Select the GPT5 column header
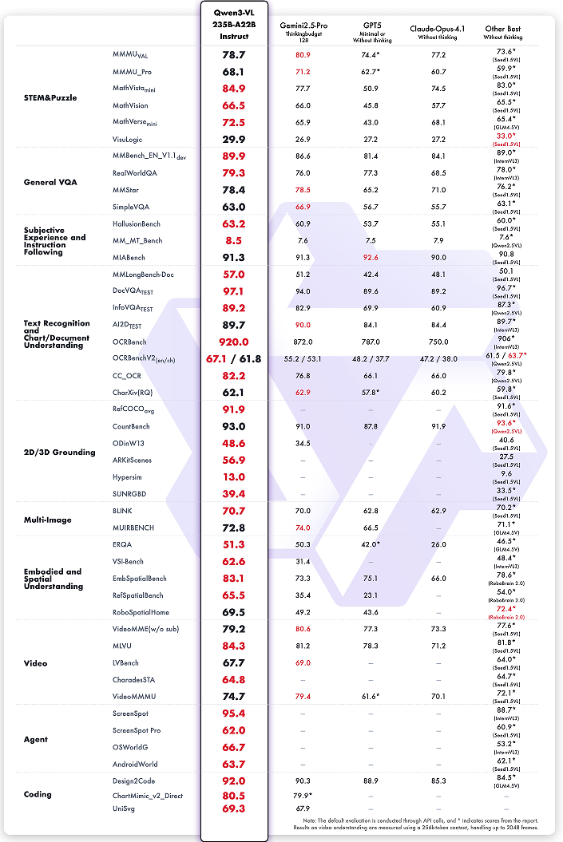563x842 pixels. pyautogui.click(x=369, y=25)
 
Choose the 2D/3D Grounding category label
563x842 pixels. pyautogui.click(x=59, y=453)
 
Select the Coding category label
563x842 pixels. pyautogui.click(x=38, y=794)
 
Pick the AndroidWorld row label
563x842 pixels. pyautogui.click(x=135, y=764)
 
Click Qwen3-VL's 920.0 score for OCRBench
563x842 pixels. pyautogui.click(x=234, y=342)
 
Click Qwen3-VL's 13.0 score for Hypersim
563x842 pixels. pyautogui.click(x=234, y=477)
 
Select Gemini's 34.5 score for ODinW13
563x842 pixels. pyautogui.click(x=302, y=443)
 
